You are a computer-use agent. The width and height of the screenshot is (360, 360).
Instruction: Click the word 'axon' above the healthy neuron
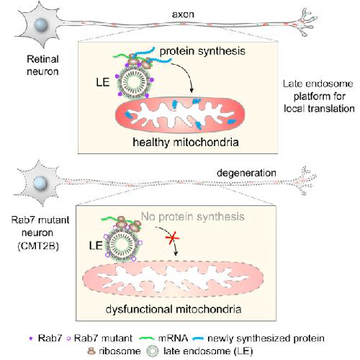click(x=183, y=14)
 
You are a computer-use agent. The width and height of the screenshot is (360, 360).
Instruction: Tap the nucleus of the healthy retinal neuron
click(x=41, y=25)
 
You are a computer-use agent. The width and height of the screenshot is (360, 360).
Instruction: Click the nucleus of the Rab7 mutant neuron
click(x=40, y=183)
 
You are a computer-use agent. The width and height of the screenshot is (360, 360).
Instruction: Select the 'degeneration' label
click(x=246, y=174)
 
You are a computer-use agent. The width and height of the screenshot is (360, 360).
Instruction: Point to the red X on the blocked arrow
click(x=172, y=238)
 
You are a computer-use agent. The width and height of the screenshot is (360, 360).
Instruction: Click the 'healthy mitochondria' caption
click(x=186, y=142)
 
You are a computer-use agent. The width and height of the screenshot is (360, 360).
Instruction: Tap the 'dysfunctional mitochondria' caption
click(x=174, y=309)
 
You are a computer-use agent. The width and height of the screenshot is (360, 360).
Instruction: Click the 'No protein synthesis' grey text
click(x=193, y=217)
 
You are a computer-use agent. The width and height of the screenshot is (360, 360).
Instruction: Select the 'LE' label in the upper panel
click(x=103, y=82)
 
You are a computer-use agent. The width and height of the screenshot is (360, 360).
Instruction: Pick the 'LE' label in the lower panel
click(x=96, y=246)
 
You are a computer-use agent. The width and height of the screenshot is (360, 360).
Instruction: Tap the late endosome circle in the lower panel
click(x=122, y=244)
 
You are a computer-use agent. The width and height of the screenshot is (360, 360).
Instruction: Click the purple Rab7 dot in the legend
click(x=31, y=338)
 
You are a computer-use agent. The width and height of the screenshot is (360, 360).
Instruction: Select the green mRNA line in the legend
click(x=147, y=338)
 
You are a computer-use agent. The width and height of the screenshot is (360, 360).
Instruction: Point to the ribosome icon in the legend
click(x=91, y=351)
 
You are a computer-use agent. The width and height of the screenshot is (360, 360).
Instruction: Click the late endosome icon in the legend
click(x=153, y=351)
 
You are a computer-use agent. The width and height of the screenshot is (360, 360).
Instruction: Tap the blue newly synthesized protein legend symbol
click(x=198, y=338)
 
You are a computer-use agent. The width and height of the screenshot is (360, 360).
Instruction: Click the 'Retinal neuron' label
click(x=42, y=66)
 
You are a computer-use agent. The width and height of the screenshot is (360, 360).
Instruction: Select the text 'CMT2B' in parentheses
click(x=38, y=246)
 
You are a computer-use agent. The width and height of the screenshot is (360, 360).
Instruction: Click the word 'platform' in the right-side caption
click(x=320, y=96)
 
